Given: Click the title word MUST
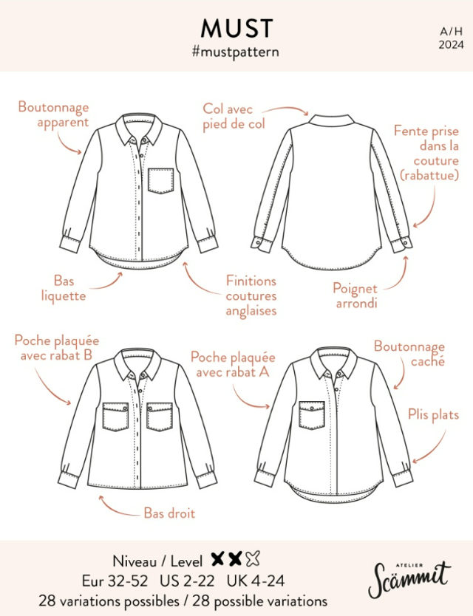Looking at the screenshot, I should coord(236,29).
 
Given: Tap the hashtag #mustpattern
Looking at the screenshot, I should coord(236,52).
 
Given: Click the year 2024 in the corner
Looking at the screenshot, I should coord(451,44).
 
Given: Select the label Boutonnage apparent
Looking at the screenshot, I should coord(53,114).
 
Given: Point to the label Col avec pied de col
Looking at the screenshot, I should coord(234,117).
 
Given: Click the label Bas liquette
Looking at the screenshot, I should coord(64,288).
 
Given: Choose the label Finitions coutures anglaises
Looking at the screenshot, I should coord(251,295).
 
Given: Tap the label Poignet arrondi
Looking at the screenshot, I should coord(355,295).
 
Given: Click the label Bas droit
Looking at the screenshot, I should coord(169,512).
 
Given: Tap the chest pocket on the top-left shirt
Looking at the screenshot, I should coord(160,181).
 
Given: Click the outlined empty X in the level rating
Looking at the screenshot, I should coord(253,559).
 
